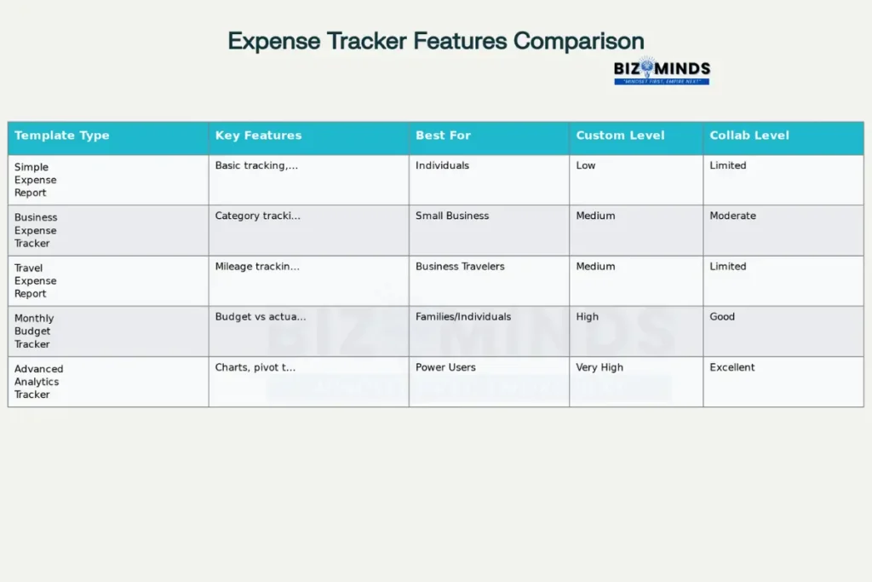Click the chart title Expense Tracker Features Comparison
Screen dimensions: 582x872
(x=435, y=41)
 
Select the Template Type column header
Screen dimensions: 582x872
(x=62, y=135)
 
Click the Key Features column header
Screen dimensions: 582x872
(x=258, y=135)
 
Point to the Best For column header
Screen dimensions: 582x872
(x=443, y=135)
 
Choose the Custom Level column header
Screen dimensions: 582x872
(x=620, y=135)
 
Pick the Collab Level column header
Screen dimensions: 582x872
(x=749, y=135)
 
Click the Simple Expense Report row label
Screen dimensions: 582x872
(x=36, y=180)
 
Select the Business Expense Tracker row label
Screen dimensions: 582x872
(x=36, y=230)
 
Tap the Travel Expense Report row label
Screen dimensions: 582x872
(x=36, y=280)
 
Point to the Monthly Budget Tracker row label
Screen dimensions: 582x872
(x=34, y=331)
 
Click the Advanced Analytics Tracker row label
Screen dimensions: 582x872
(x=38, y=382)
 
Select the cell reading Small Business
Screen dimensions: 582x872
(x=452, y=216)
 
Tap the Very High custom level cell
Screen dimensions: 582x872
(x=599, y=368)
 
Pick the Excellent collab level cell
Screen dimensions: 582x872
(x=732, y=368)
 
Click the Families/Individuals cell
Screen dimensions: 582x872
(x=463, y=317)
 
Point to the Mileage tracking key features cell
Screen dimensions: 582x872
(x=257, y=267)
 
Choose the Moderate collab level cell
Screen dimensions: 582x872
(x=732, y=216)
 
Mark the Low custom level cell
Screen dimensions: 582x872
(x=586, y=166)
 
